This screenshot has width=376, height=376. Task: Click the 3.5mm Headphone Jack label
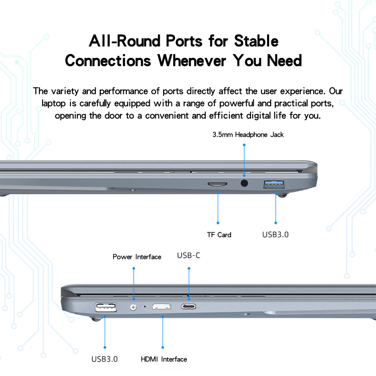pyautogui.click(x=248, y=135)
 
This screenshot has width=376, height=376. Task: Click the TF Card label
pyautogui.click(x=219, y=235)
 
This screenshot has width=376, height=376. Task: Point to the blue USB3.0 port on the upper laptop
pyautogui.click(x=274, y=183)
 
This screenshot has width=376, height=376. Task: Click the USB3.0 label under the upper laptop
pyautogui.click(x=275, y=235)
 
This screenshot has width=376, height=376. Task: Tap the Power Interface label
pyautogui.click(x=137, y=257)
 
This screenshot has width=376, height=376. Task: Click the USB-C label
pyautogui.click(x=189, y=256)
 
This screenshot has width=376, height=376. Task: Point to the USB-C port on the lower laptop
pyautogui.click(x=189, y=306)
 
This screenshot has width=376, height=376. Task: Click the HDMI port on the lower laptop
pyautogui.click(x=162, y=307)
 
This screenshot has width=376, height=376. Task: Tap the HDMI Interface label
pyautogui.click(x=164, y=359)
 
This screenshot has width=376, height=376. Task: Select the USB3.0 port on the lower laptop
pyautogui.click(x=106, y=307)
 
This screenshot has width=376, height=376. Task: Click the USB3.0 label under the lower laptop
pyautogui.click(x=105, y=359)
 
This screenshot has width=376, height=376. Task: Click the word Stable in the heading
pyautogui.click(x=256, y=41)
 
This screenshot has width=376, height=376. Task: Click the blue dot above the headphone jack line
pyautogui.click(x=244, y=145)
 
